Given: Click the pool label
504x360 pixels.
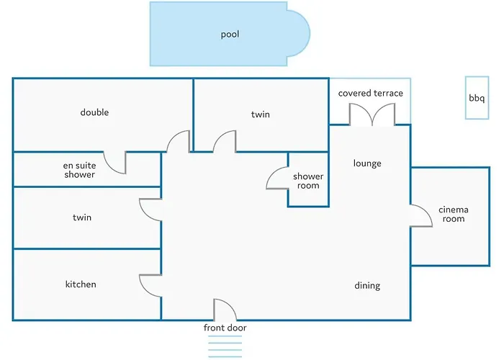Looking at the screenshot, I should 230,34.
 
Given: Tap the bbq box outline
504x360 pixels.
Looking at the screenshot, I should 477,98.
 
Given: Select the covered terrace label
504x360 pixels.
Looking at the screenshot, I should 371,94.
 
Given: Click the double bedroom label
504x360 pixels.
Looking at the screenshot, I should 94,112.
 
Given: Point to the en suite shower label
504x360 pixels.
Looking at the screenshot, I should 79,170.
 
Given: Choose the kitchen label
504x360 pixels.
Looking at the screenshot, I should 81,284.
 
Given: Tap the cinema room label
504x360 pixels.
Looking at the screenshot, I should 454,215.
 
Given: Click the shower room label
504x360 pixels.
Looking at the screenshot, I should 308,181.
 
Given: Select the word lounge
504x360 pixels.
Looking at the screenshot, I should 367,163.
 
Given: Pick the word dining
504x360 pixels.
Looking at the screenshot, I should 367,286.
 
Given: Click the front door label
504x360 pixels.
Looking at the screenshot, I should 225,328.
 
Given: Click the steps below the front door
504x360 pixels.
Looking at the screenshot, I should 225,347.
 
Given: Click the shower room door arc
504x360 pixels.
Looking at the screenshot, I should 276,178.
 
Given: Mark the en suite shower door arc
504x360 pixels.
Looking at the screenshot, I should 114,163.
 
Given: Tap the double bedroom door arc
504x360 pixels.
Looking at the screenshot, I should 178,140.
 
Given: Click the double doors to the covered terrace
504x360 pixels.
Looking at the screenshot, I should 372,114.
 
